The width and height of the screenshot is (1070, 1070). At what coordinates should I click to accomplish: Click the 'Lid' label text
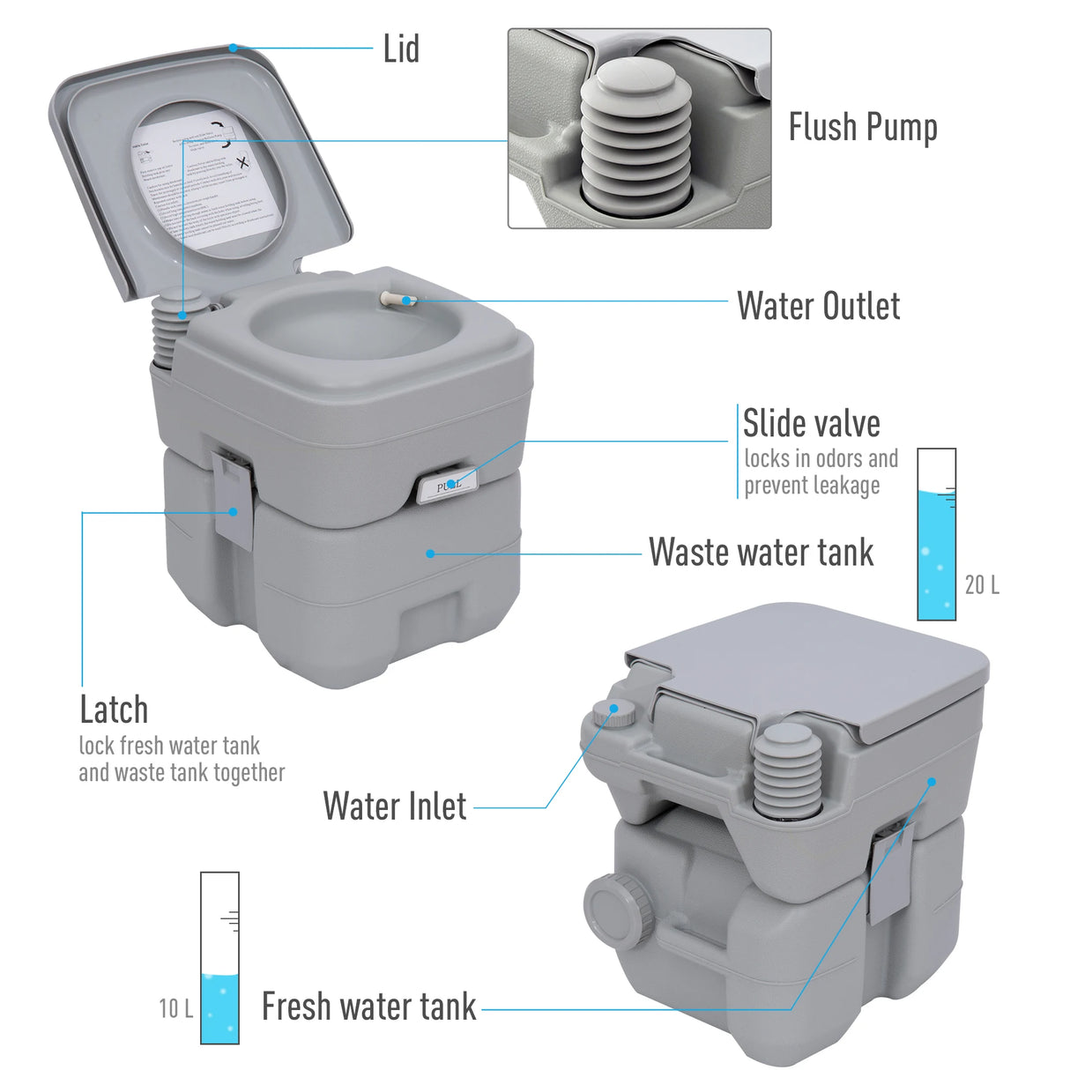coord(401,49)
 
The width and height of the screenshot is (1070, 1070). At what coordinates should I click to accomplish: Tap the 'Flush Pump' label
coord(862,127)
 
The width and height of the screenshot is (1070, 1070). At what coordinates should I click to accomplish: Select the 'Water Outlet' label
coord(818,306)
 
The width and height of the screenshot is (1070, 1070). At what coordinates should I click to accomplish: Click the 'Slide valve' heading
coord(811,423)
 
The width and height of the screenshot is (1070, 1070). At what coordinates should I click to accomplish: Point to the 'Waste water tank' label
coord(761,553)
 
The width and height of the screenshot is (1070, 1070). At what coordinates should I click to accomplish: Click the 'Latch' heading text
coord(114,710)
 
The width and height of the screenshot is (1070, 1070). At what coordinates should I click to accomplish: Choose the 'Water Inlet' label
coord(395,806)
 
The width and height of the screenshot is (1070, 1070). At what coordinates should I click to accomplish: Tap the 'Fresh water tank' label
coord(368,1007)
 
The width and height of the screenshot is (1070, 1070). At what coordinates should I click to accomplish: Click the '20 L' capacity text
coord(982,584)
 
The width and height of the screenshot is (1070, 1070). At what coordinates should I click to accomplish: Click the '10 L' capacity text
coord(175,1008)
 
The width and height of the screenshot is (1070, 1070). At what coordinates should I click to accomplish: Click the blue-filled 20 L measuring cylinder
coord(936,534)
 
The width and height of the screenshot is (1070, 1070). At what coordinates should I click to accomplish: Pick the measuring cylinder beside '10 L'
coord(219,958)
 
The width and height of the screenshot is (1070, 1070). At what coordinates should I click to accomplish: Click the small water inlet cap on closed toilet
coord(613,712)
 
